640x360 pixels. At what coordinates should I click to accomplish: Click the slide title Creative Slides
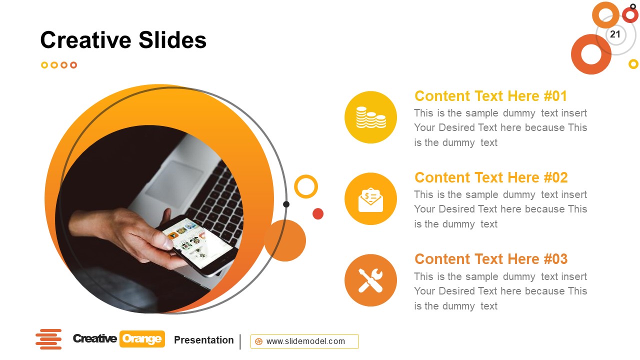pyautogui.click(x=123, y=40)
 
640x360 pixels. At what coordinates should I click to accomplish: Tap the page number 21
pyautogui.click(x=615, y=34)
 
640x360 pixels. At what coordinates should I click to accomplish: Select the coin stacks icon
pyautogui.click(x=370, y=117)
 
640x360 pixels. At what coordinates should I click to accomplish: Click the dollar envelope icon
pyautogui.click(x=370, y=199)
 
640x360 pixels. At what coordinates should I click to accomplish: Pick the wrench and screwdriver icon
pyautogui.click(x=370, y=280)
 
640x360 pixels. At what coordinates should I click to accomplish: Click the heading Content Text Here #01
pyautogui.click(x=490, y=96)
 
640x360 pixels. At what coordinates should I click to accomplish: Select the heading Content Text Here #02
pyautogui.click(x=491, y=177)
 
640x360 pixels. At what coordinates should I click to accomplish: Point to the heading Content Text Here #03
pyautogui.click(x=491, y=259)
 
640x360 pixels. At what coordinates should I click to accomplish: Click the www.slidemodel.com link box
pyautogui.click(x=304, y=341)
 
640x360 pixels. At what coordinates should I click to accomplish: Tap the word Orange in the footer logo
pyautogui.click(x=141, y=339)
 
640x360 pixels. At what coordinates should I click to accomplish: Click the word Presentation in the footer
pyautogui.click(x=203, y=340)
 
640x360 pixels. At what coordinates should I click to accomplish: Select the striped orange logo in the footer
pyautogui.click(x=48, y=339)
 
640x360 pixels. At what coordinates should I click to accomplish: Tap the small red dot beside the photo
pyautogui.click(x=318, y=214)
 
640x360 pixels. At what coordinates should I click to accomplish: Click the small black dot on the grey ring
pyautogui.click(x=286, y=204)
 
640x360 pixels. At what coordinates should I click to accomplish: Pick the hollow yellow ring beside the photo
pyautogui.click(x=306, y=186)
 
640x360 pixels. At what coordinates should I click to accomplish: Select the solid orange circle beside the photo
pyautogui.click(x=285, y=240)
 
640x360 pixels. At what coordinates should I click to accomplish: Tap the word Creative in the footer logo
pyautogui.click(x=95, y=339)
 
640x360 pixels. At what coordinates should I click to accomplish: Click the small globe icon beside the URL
pyautogui.click(x=258, y=341)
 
